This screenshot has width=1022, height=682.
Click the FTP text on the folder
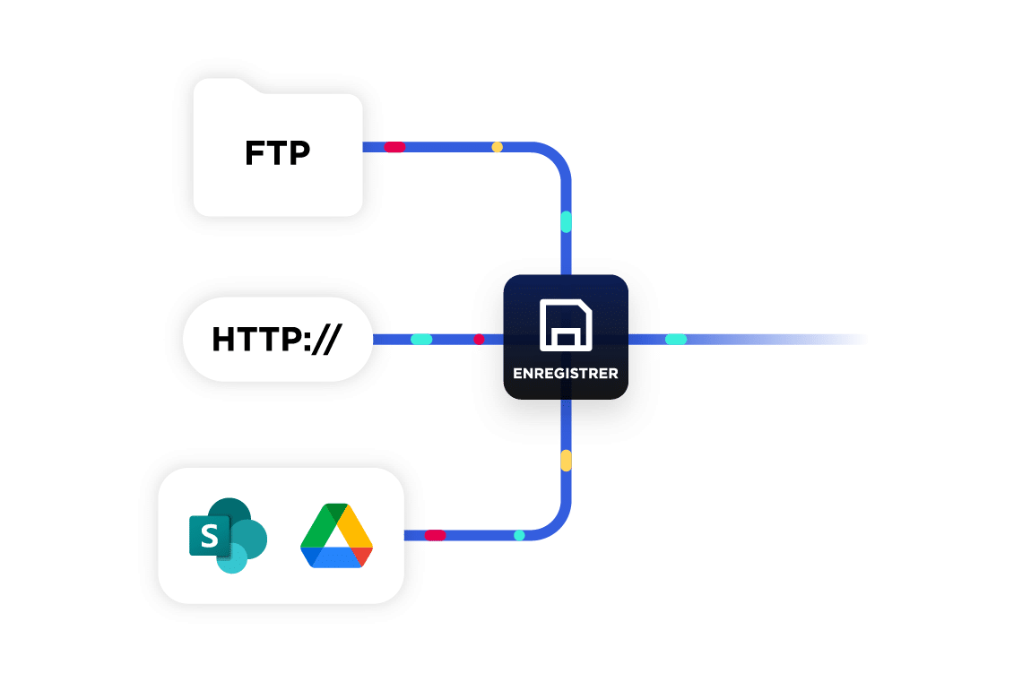click(x=277, y=153)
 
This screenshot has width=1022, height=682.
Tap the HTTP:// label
click(x=277, y=340)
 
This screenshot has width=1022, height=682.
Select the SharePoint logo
click(x=228, y=535)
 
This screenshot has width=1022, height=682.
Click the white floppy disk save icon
click(x=566, y=325)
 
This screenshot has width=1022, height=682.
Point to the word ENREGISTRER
click(x=565, y=373)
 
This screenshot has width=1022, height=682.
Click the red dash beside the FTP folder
click(x=394, y=147)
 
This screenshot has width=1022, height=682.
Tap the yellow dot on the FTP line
click(x=497, y=147)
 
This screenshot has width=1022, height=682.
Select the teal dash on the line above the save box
click(x=566, y=221)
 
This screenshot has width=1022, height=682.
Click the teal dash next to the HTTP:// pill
click(x=421, y=340)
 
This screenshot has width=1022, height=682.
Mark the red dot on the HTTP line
click(x=479, y=340)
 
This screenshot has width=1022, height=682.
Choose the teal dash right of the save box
click(x=676, y=340)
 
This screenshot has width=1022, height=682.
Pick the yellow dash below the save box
click(x=566, y=461)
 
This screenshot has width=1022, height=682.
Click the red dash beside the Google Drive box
click(x=435, y=536)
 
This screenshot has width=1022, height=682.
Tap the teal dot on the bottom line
click(x=519, y=536)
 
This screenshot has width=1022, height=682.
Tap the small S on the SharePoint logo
click(x=209, y=537)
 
